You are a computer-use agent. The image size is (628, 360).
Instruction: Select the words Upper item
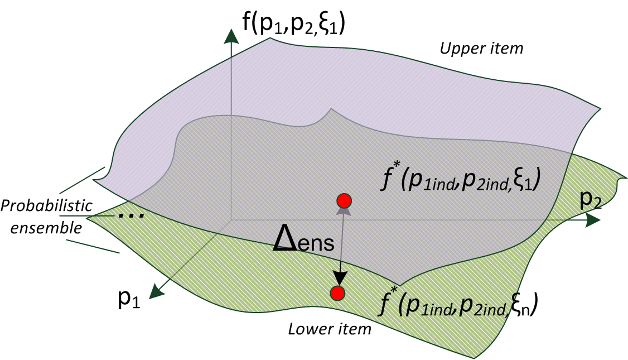pyautogui.click(x=482, y=49)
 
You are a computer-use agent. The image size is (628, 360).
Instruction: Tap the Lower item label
pyautogui.click(x=330, y=329)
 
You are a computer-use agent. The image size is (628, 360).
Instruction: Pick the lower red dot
pyautogui.click(x=337, y=292)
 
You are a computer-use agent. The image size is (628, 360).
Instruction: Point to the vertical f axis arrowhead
pyautogui.click(x=229, y=35)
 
